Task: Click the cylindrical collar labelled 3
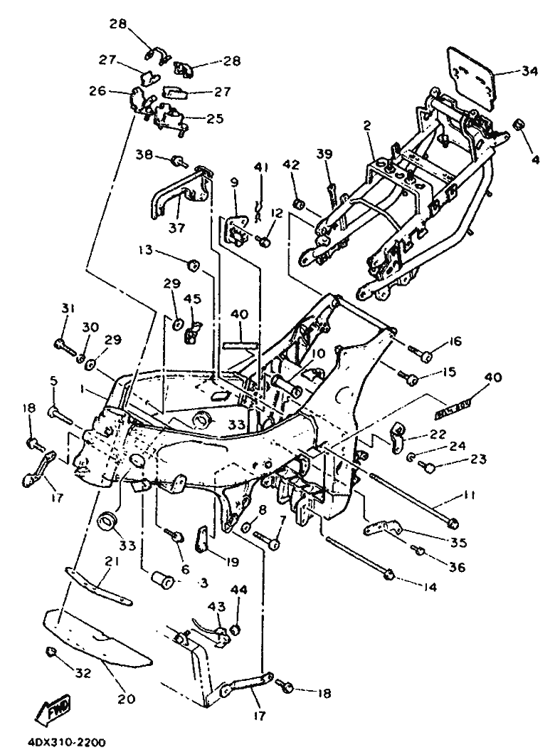(x=162, y=578)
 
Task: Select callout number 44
(x=237, y=590)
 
